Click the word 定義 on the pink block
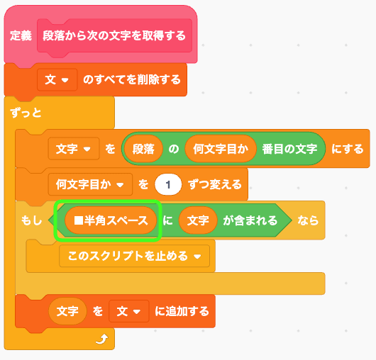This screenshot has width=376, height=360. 21,35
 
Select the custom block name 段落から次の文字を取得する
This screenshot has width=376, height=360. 114,35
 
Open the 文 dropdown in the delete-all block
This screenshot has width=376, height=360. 57,79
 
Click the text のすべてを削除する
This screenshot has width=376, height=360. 132,79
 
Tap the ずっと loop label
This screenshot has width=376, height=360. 26,113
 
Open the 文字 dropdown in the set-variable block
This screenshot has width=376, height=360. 74,149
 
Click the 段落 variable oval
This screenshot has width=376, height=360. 143,149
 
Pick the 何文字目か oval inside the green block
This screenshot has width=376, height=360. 221,149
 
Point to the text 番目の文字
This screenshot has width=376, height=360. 289,149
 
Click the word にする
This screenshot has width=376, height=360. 348,149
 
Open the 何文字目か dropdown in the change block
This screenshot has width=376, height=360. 90,184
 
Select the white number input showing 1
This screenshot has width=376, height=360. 168,184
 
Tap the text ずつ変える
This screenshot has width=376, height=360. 215,184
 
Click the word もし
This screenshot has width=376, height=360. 32,220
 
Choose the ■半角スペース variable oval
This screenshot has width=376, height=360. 111,220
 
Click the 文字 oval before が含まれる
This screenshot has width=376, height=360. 198,220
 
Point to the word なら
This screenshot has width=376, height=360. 308,220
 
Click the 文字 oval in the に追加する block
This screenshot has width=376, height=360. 67,311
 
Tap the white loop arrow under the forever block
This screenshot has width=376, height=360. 102,339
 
